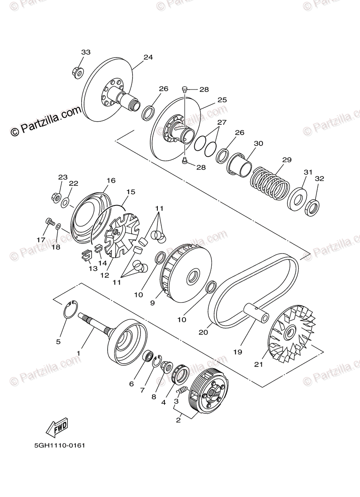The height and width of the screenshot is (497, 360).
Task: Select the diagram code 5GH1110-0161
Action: [x=60, y=446]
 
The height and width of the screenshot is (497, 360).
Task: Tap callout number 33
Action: [x=85, y=52]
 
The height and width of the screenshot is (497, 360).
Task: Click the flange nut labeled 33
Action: [x=77, y=72]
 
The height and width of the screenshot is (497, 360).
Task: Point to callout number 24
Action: [x=148, y=57]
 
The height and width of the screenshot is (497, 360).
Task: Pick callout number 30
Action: [x=259, y=143]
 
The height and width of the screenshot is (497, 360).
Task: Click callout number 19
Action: [x=237, y=352]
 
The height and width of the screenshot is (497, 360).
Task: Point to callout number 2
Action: [x=178, y=420]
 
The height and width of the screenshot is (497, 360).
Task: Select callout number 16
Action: [x=111, y=181]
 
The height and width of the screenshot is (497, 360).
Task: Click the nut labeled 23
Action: [x=56, y=195]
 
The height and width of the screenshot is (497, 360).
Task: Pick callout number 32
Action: [x=319, y=179]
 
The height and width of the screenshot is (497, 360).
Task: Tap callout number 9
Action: [x=152, y=303]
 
